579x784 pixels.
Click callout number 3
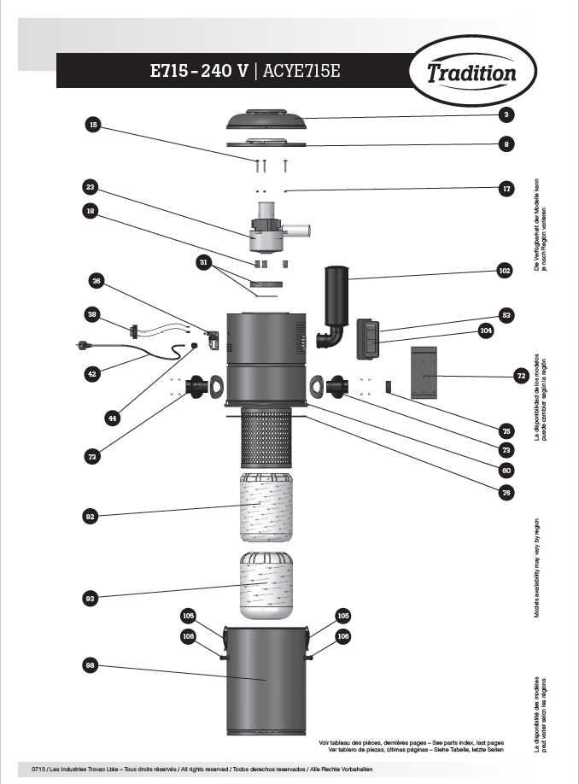click(x=506, y=114)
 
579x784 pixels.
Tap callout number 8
click(x=506, y=144)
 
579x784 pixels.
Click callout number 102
click(x=505, y=271)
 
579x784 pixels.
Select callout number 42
click(x=91, y=373)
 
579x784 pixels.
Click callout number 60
click(x=506, y=469)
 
